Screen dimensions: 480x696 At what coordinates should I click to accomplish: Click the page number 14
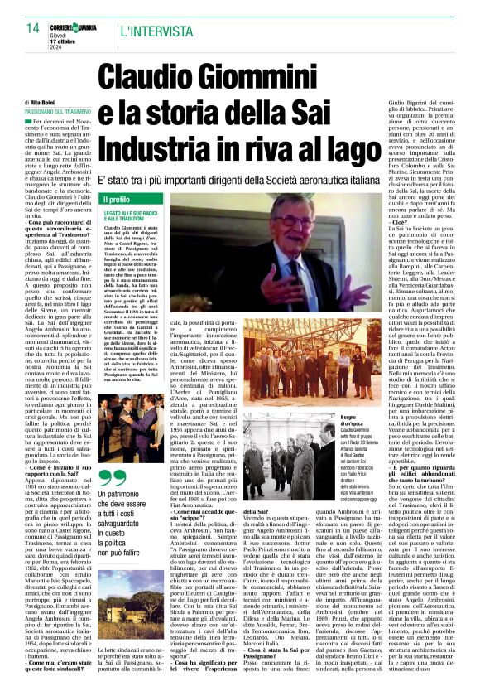tap(32, 29)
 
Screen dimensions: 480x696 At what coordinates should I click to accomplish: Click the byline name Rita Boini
tap(55, 102)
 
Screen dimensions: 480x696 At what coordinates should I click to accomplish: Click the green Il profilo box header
tap(116, 200)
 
